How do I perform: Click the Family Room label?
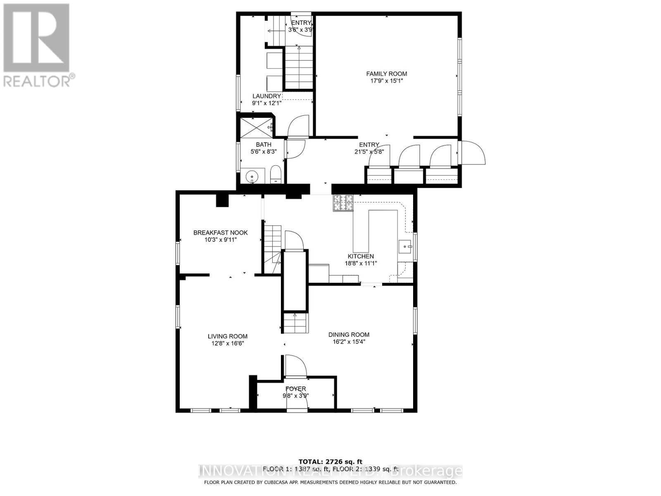pyautogui.click(x=386, y=74)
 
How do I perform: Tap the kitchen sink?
pyautogui.click(x=405, y=248)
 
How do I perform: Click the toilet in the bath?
pyautogui.click(x=276, y=174)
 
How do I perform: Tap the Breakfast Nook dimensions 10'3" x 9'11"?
pyautogui.click(x=220, y=240)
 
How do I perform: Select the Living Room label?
pyautogui.click(x=227, y=336)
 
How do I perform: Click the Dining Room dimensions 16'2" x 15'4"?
pyautogui.click(x=349, y=342)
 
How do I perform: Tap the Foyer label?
pyautogui.click(x=296, y=389)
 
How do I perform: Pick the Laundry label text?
pyautogui.click(x=267, y=96)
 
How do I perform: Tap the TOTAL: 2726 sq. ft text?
pyautogui.click(x=330, y=461)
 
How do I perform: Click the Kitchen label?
pyautogui.click(x=361, y=256)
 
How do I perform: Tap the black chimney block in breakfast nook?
pyautogui.click(x=222, y=200)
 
